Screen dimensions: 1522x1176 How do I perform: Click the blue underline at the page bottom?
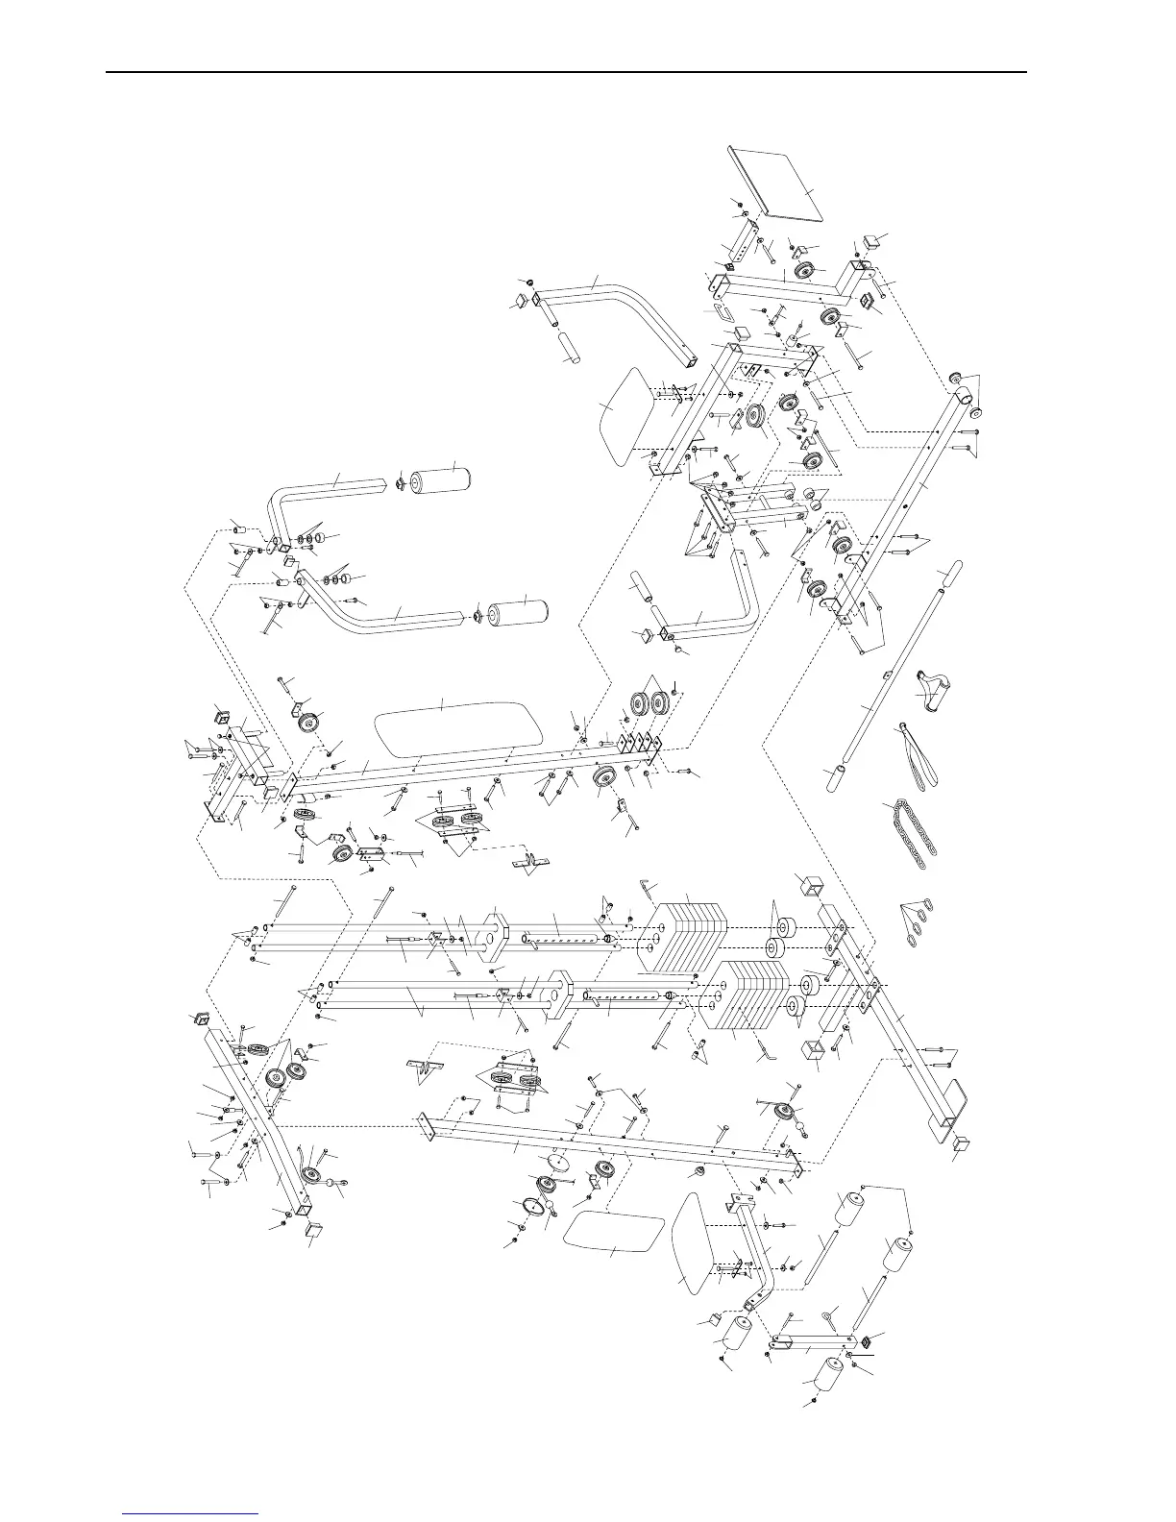(x=191, y=1513)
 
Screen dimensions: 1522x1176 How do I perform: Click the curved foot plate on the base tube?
(x=950, y=1096)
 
